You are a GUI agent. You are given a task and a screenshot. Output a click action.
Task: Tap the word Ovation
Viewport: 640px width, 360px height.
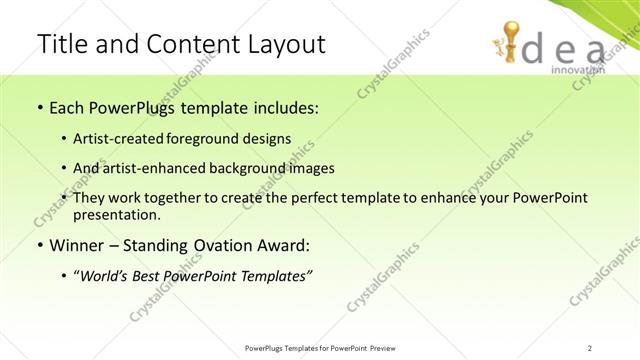[x=222, y=245]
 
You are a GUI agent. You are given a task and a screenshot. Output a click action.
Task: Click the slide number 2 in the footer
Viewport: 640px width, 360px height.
[x=591, y=348]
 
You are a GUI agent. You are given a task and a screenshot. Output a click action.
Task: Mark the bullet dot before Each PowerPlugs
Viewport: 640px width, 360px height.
[x=38, y=107]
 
